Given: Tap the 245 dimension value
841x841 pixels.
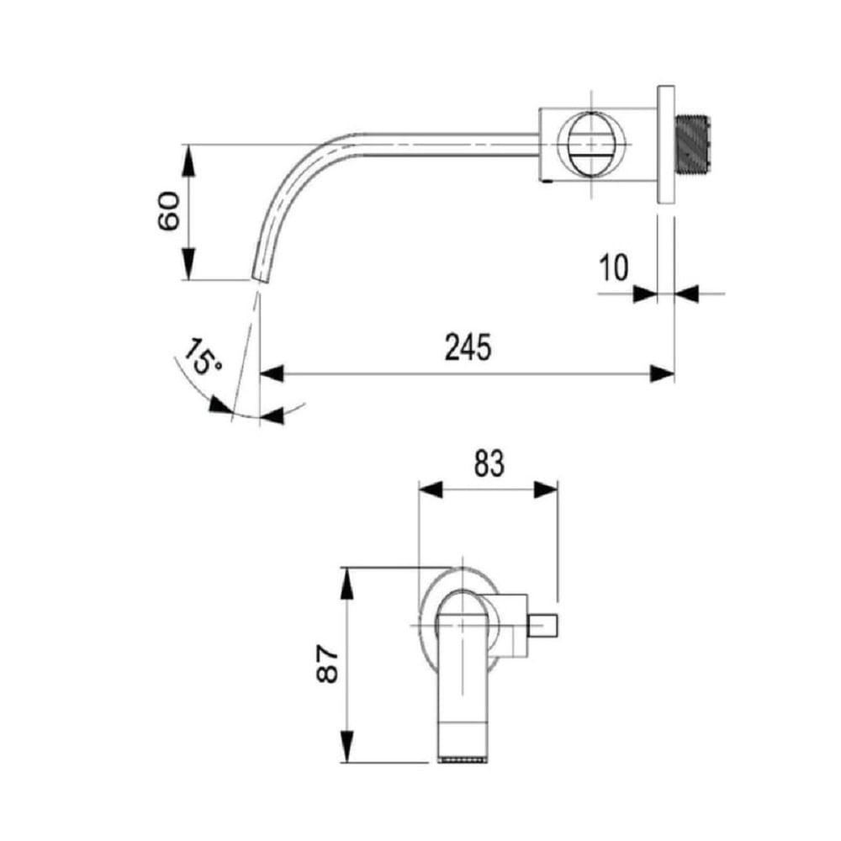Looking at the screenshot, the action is (468, 347).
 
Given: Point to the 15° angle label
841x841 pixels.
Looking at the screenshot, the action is (202, 356).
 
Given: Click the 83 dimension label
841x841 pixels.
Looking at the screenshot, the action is (489, 464).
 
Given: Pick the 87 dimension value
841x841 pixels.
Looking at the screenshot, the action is (327, 664).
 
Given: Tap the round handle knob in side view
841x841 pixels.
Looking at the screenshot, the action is (590, 144).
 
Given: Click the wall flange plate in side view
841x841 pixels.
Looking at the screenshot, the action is (665, 145).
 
